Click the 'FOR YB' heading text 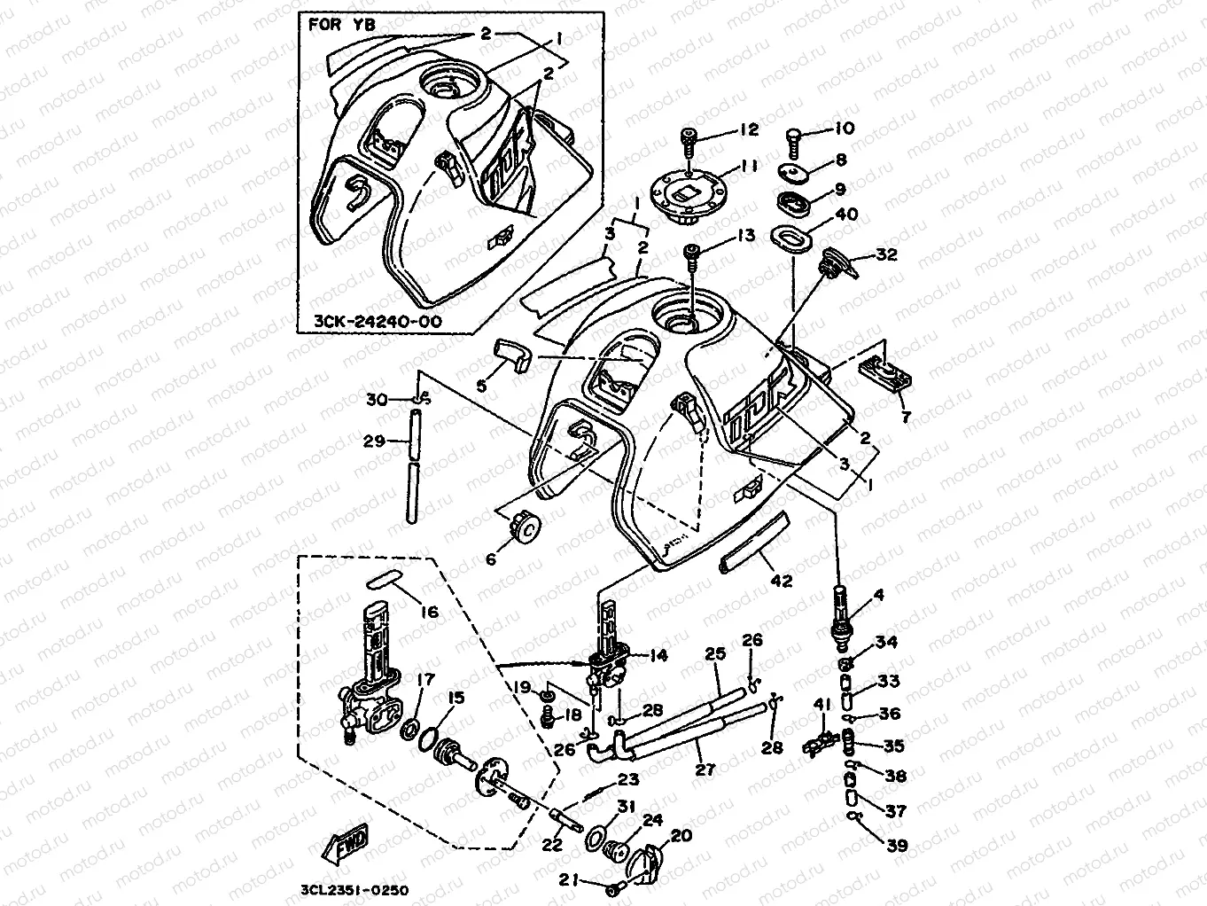tap(341, 25)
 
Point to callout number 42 tap(782, 582)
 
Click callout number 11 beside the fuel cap tap(749, 165)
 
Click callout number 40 tap(846, 215)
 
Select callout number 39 tap(897, 846)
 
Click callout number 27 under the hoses tap(705, 769)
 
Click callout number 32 tap(886, 254)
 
